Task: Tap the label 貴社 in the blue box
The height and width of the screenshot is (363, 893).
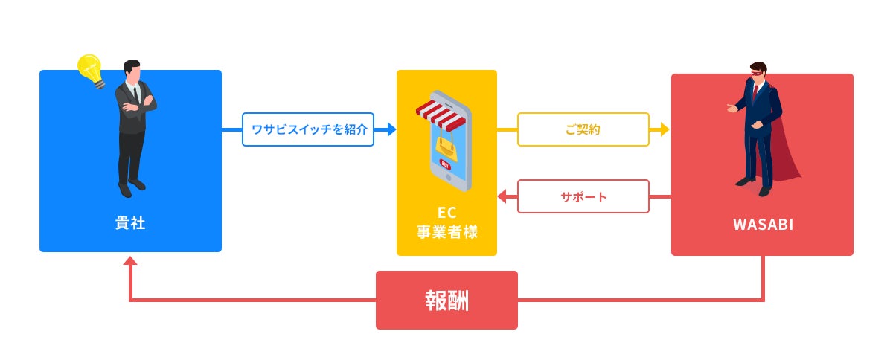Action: [130, 222]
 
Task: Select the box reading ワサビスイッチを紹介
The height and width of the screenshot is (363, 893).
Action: [308, 129]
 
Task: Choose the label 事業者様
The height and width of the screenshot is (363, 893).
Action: [446, 233]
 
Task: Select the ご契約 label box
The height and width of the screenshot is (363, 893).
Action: [583, 129]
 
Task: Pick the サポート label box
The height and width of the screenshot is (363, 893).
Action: [583, 197]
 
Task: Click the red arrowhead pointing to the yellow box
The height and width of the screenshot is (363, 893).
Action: [502, 197]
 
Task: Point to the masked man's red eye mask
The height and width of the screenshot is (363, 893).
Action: [755, 74]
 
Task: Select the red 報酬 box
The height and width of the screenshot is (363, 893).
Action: [446, 300]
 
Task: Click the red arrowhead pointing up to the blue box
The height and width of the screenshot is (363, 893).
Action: [130, 261]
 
